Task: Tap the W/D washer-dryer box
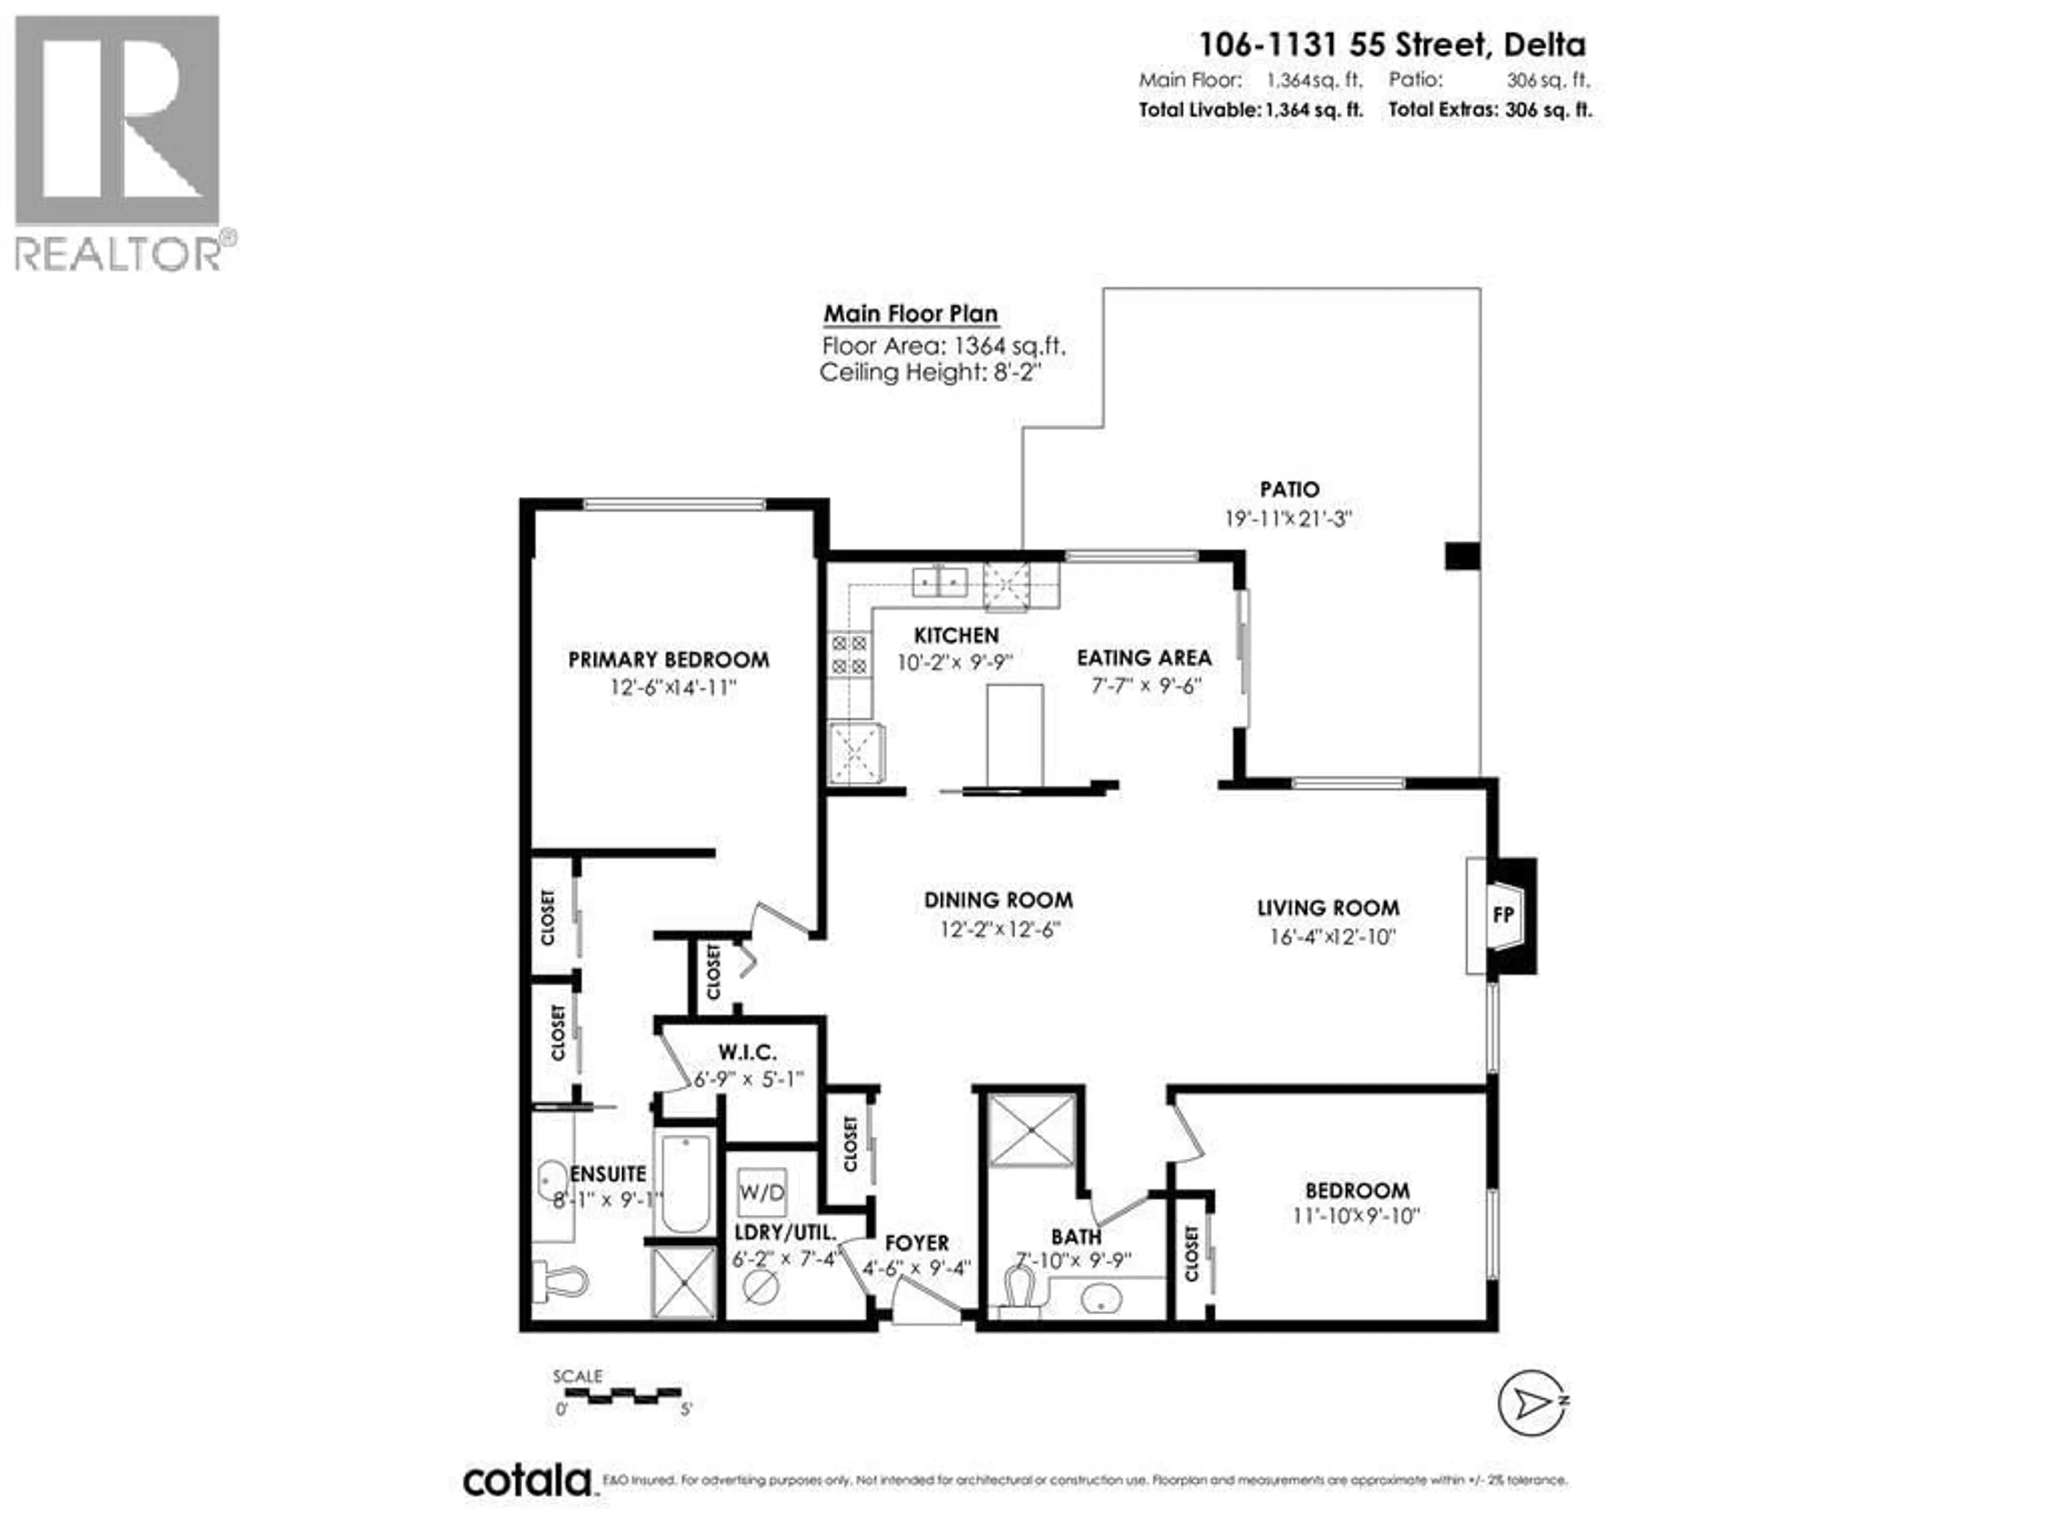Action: pos(761,1192)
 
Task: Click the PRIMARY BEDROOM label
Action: pos(668,659)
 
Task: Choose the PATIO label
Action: pos(1289,489)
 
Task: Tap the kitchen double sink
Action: pos(940,582)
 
